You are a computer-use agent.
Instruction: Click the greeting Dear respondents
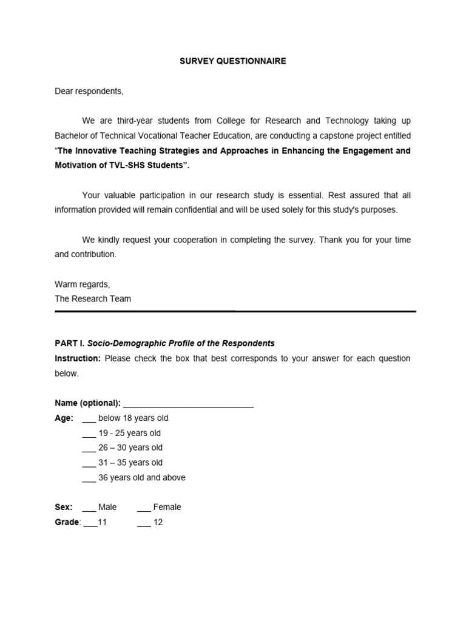[89, 91]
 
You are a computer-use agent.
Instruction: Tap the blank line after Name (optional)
[188, 404]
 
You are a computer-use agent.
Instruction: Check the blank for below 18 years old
[89, 419]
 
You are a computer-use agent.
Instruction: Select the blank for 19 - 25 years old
[89, 434]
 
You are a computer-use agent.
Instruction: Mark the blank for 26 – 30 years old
[89, 449]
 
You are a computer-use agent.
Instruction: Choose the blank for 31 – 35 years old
[89, 464]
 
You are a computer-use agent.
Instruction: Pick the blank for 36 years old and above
[89, 478]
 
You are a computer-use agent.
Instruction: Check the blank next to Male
[89, 508]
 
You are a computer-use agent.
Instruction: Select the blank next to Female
[144, 508]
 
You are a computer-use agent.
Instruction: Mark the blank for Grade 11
[90, 523]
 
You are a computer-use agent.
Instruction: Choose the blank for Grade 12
[144, 523]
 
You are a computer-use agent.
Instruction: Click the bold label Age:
[64, 418]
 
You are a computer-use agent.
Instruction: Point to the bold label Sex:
[64, 507]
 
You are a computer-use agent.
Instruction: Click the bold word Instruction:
[78, 358]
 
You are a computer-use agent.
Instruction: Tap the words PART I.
[71, 343]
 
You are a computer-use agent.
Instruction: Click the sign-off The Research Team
[92, 298]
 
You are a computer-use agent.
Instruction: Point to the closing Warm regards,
[83, 284]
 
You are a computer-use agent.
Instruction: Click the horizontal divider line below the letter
[235, 311]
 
